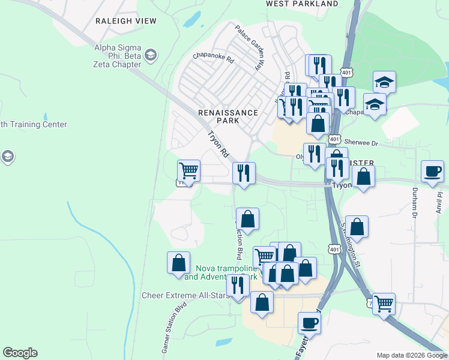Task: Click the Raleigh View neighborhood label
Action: [126, 21]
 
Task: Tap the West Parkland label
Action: [303, 4]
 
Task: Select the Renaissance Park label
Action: [228, 116]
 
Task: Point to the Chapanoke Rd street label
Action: [212, 56]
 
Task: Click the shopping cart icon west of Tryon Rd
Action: [188, 170]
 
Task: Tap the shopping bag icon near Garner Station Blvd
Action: [178, 262]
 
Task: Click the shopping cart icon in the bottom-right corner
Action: [384, 302]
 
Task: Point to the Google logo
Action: [20, 353]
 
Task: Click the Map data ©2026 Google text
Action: [411, 355]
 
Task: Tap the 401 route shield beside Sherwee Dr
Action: [335, 138]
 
